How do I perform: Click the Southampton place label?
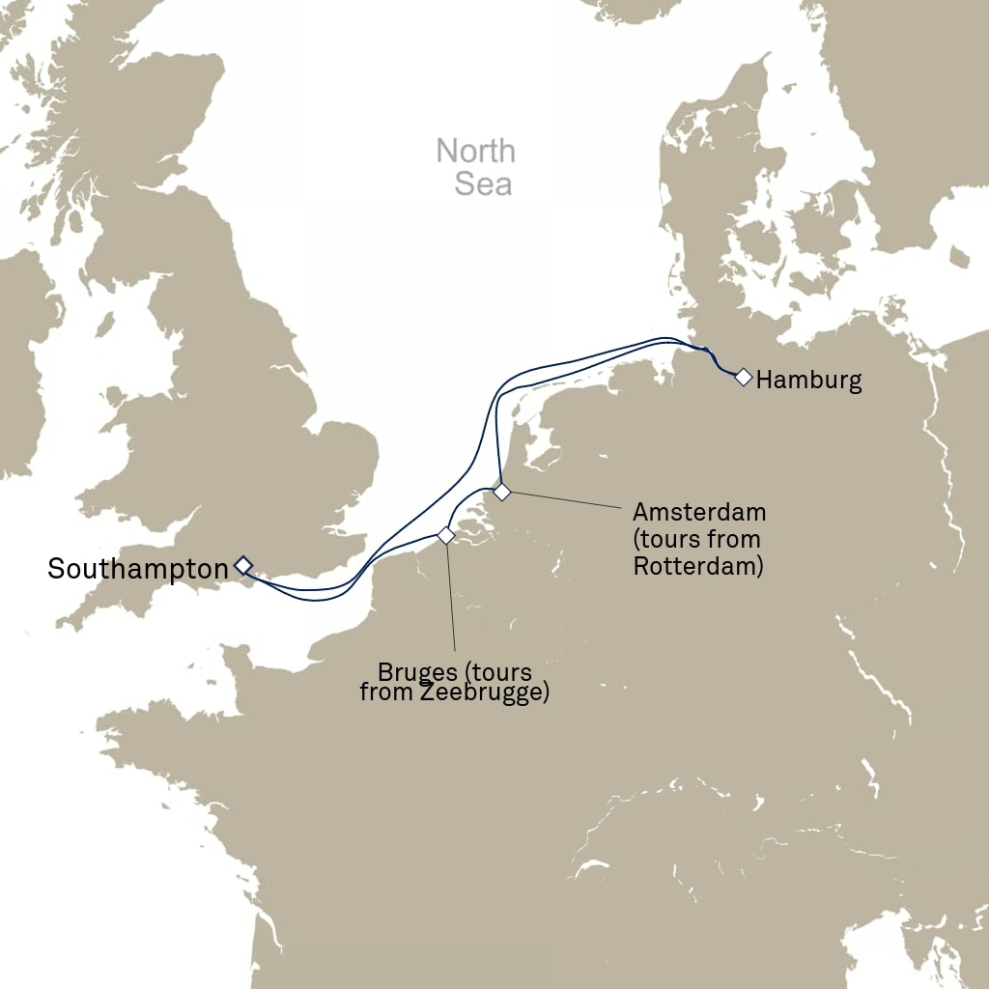coord(137,570)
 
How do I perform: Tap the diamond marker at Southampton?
coord(242,564)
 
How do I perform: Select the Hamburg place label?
coord(808,381)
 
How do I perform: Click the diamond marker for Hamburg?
coord(743,377)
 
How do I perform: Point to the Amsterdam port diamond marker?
coord(501,493)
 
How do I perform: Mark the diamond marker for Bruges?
coord(445,535)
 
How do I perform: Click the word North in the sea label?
coord(475,152)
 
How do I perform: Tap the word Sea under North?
coord(483,184)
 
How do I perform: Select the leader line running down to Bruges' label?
coord(451,599)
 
